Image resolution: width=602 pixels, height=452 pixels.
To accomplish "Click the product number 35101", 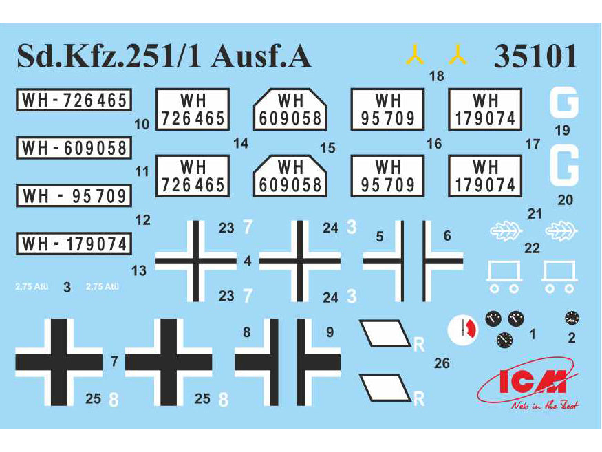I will [535, 56].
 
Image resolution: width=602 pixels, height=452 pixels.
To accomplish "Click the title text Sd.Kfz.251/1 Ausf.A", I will [164, 56].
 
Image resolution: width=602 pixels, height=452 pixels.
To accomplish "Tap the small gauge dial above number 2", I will [571, 318].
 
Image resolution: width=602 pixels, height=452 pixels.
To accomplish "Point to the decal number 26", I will [442, 363].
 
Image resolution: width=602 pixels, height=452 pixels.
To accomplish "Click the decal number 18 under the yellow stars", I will [436, 76].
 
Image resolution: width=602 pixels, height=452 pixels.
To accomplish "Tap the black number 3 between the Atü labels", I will [67, 288].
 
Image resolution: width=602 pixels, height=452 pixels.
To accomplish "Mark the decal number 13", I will [139, 271].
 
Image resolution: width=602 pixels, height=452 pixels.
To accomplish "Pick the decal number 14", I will [240, 143].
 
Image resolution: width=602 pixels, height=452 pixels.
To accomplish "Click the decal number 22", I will [532, 249].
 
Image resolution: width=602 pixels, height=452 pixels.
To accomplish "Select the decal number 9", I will [329, 332].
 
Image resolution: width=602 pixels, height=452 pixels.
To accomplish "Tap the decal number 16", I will [434, 143].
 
